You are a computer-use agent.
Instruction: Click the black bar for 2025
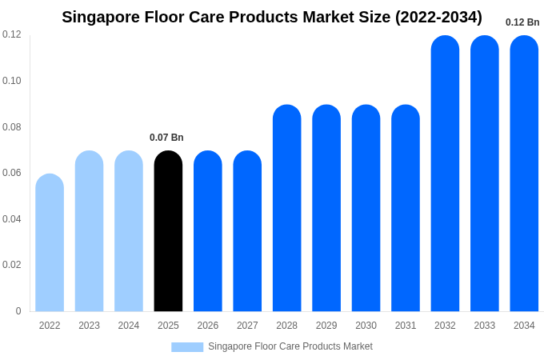click(x=168, y=232)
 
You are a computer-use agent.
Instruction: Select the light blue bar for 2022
click(x=50, y=243)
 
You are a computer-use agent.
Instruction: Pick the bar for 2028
click(x=286, y=208)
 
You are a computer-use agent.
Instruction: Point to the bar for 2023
click(x=89, y=232)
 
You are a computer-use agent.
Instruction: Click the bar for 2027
click(x=247, y=232)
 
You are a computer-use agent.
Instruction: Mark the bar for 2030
click(x=366, y=208)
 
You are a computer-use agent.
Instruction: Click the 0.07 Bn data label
click(x=166, y=138)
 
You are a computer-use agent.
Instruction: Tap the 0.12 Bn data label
click(x=522, y=22)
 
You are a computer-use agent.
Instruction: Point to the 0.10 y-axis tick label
click(x=12, y=81)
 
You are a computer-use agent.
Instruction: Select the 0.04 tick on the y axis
click(x=12, y=219)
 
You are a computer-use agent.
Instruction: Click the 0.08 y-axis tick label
click(x=12, y=127)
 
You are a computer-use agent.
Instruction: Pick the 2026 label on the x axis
click(x=208, y=326)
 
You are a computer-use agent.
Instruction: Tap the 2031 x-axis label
click(x=406, y=326)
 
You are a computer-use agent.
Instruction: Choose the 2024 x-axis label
click(x=129, y=326)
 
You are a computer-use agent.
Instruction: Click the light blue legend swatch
click(x=187, y=347)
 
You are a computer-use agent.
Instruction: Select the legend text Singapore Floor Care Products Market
click(x=290, y=346)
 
